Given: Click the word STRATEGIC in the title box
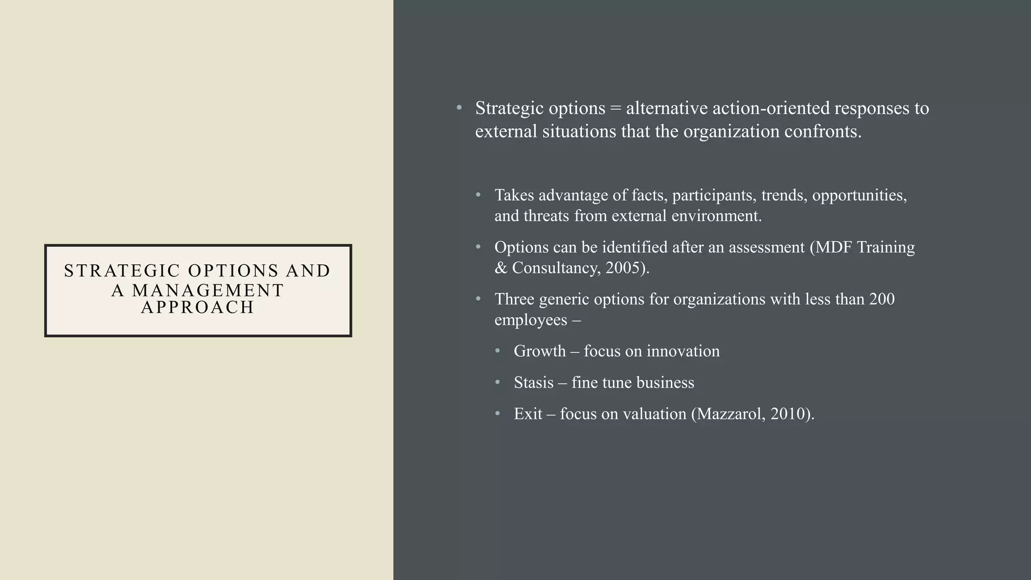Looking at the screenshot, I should (122, 271).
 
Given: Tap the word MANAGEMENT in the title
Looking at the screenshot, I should (208, 291).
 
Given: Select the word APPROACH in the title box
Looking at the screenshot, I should (198, 307).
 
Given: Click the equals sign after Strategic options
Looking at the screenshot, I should (615, 108).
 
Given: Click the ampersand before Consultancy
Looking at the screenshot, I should (501, 268).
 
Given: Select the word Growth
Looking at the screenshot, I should (540, 351).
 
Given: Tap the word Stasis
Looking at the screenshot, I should (534, 383).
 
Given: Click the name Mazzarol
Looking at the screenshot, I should (730, 414).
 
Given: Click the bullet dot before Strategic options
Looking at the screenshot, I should (459, 108).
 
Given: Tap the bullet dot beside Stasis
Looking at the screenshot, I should (498, 383).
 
